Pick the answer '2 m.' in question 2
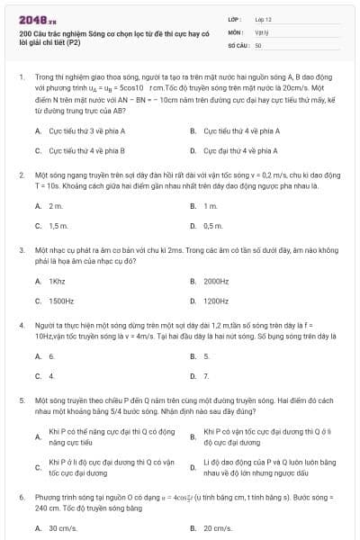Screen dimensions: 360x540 [56, 206]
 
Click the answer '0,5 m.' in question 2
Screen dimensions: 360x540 [212, 226]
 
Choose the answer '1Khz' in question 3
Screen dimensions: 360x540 [58, 281]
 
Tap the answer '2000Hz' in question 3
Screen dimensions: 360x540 [216, 281]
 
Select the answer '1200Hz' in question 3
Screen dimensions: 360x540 [216, 301]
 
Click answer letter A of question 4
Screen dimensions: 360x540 [38, 356]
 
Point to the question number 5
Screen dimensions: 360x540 [22, 397]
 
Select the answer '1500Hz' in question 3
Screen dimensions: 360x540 [61, 301]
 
